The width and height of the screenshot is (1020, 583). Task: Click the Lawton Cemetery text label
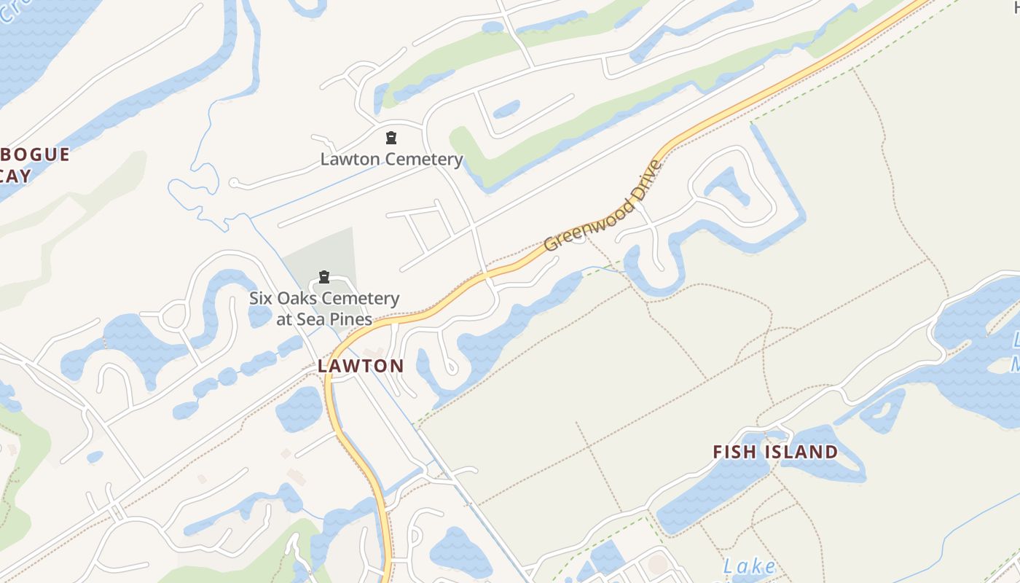[391, 159]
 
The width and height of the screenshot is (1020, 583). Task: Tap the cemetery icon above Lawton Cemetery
[391, 138]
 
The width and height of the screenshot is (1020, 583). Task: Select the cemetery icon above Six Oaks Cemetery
[324, 277]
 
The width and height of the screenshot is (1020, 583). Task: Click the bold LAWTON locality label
[361, 366]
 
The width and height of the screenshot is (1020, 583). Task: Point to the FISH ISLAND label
[775, 452]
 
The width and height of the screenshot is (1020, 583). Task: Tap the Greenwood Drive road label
[603, 206]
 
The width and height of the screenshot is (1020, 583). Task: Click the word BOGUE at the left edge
[35, 154]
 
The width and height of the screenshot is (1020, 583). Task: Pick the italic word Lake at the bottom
[749, 566]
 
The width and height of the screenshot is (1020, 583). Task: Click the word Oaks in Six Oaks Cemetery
[296, 299]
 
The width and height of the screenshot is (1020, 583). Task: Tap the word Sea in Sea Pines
[310, 319]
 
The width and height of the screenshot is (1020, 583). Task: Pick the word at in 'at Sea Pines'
[284, 319]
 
